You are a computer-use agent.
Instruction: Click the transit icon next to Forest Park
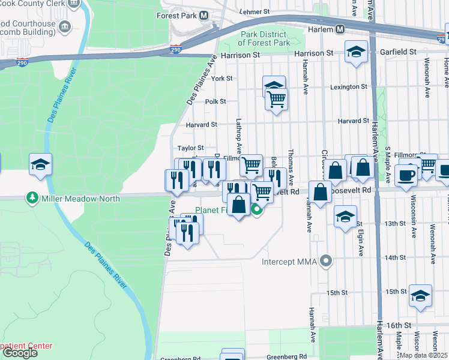click(x=203, y=16)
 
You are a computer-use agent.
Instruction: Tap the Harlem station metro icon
click(x=340, y=29)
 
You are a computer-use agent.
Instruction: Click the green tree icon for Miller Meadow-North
click(x=31, y=198)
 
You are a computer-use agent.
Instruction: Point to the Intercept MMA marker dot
click(x=326, y=261)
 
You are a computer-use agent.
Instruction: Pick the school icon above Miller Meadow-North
click(x=40, y=164)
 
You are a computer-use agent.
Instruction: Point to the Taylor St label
click(x=190, y=148)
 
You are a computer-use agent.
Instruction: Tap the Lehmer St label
click(x=252, y=11)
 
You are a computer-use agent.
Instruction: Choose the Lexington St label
click(x=349, y=86)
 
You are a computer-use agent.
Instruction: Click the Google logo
click(x=20, y=353)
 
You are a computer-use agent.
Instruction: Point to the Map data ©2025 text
click(x=423, y=355)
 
